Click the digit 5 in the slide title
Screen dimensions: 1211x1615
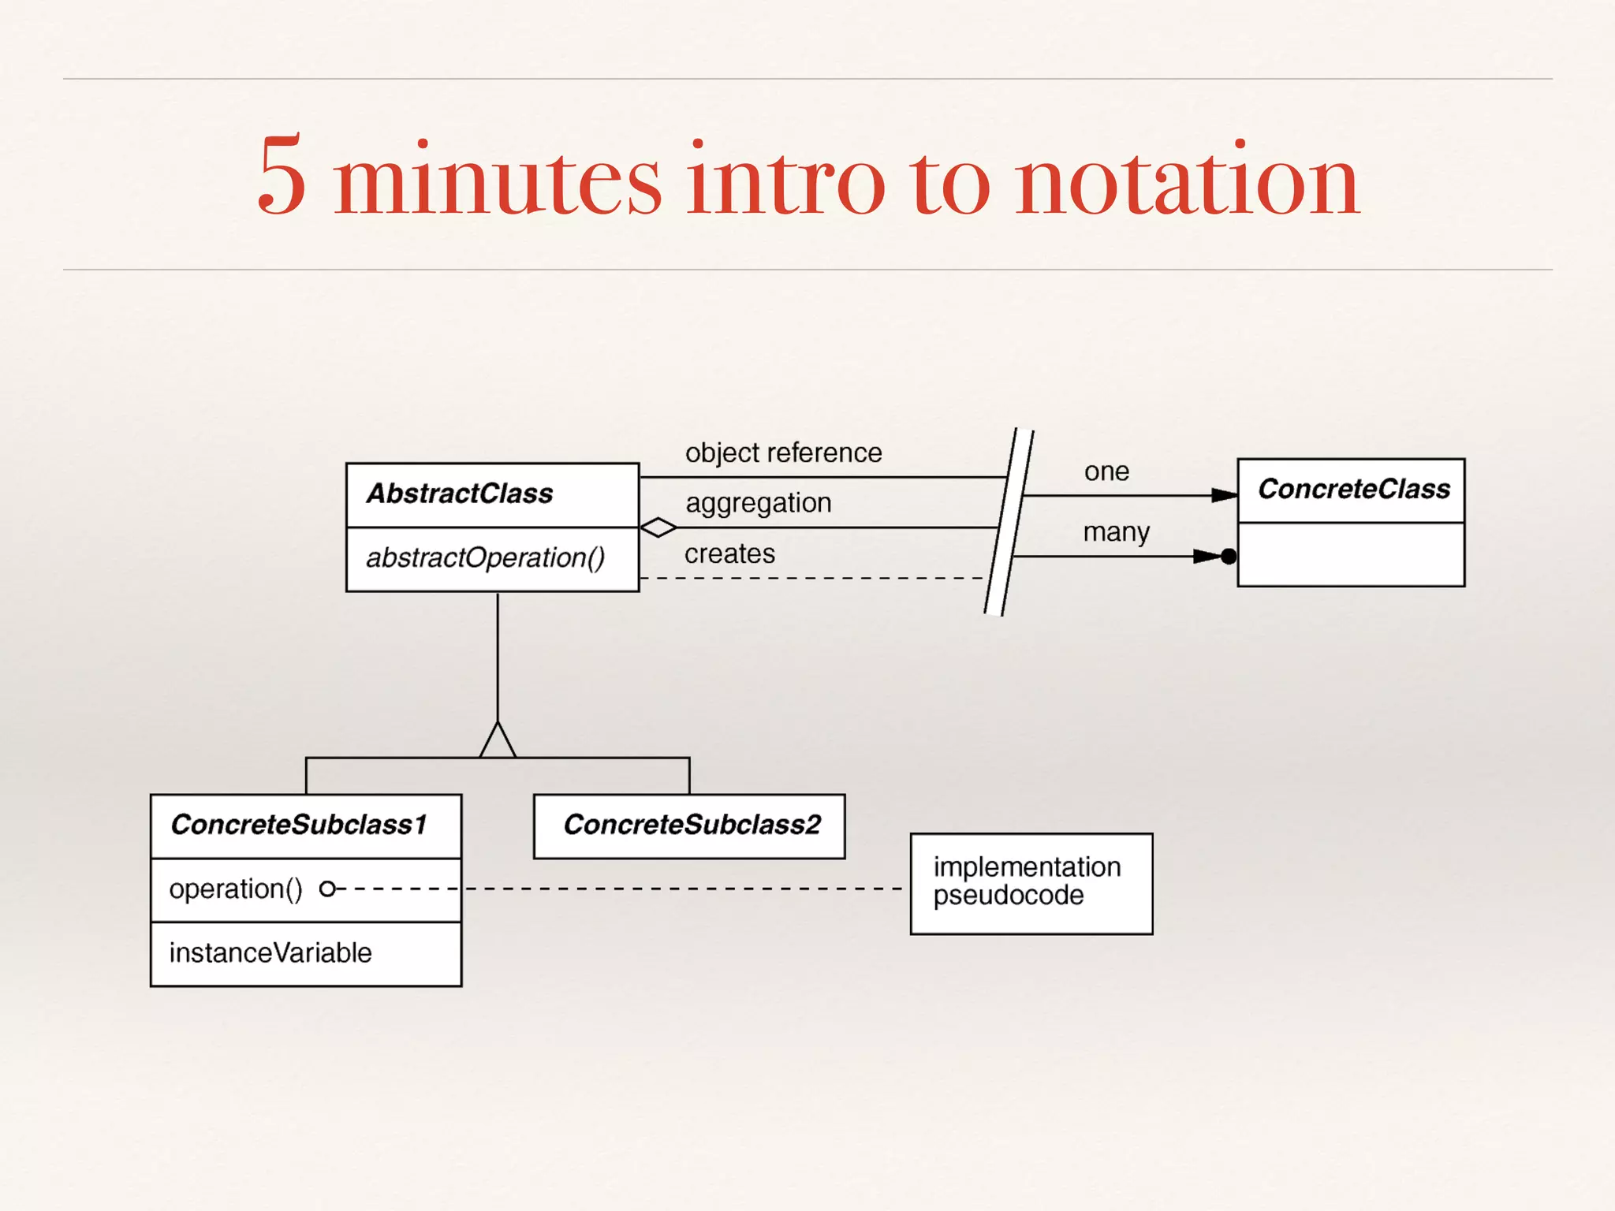[282, 175]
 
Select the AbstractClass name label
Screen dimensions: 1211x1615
[460, 494]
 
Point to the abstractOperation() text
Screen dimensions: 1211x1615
[485, 557]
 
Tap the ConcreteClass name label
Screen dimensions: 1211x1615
[1353, 489]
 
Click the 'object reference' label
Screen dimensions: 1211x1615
[783, 453]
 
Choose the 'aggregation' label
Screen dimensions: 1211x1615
[758, 503]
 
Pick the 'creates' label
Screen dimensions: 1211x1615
[729, 553]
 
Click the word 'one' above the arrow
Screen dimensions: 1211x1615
[1106, 471]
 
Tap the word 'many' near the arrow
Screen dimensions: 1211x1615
[1116, 532]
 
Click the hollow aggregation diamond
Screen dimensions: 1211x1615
[658, 527]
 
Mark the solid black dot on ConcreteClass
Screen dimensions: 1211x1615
[1229, 557]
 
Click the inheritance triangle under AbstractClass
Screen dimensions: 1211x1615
[498, 741]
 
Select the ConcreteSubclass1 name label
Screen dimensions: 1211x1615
[299, 825]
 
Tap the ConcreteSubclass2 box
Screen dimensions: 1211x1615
[689, 825]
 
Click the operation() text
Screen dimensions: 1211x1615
[235, 889]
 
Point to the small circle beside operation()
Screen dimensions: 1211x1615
[327, 889]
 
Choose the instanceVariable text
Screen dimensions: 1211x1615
[270, 953]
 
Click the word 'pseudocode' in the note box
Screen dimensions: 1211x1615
[1008, 896]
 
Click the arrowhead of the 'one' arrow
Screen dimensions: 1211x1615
[1224, 495]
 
